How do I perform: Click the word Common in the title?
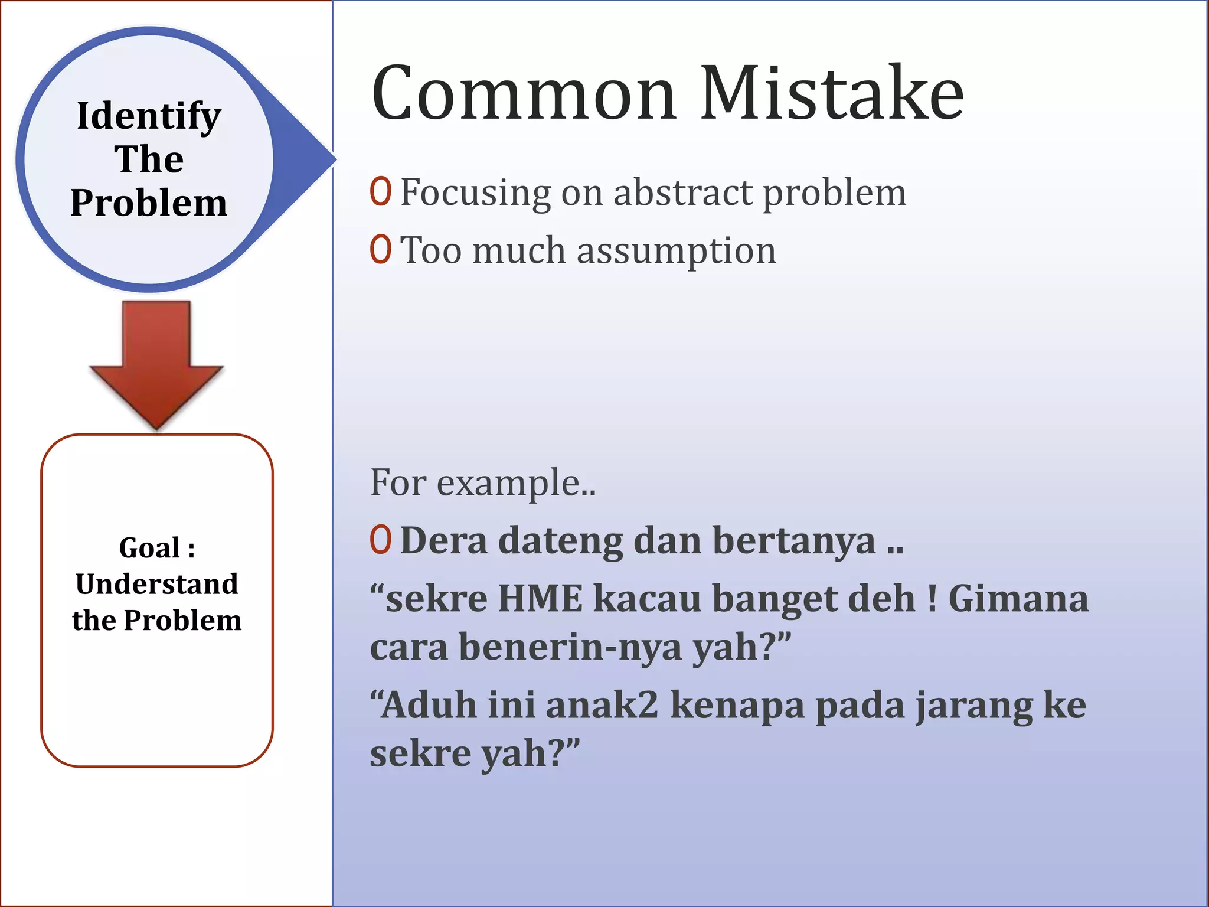(x=523, y=94)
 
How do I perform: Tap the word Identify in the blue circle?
(x=149, y=116)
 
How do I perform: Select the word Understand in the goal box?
(x=157, y=584)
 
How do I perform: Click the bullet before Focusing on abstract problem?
(x=381, y=191)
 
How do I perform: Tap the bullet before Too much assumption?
(x=381, y=249)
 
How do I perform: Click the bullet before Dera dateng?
(x=381, y=540)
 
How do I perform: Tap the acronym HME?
(x=540, y=598)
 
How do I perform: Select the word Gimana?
(x=1018, y=598)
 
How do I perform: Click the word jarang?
(x=974, y=706)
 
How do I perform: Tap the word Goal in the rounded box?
(x=149, y=548)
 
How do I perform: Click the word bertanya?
(x=794, y=541)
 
